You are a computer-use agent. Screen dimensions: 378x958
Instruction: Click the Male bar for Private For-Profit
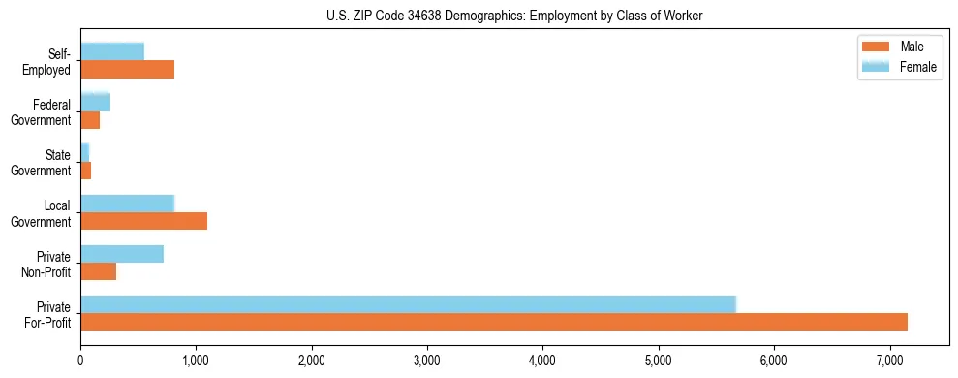(494, 322)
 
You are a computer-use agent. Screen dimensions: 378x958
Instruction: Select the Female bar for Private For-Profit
(408, 304)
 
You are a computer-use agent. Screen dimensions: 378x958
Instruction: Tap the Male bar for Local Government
(143, 221)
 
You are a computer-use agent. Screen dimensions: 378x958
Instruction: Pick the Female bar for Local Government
(127, 204)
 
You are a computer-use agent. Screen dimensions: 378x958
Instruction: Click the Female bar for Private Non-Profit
(122, 254)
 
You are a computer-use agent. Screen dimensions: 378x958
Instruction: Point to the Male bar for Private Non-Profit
(98, 271)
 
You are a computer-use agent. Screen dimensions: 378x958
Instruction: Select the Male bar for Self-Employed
(127, 70)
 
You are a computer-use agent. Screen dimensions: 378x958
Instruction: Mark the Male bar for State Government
(85, 171)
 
